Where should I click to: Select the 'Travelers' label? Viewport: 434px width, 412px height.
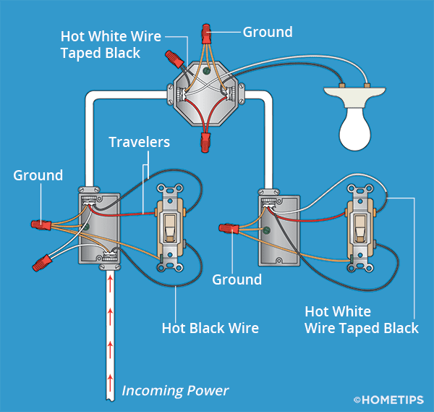coord(139,142)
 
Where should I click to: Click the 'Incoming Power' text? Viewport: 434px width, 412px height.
coord(175,391)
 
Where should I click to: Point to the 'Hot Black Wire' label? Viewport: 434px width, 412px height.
coord(210,329)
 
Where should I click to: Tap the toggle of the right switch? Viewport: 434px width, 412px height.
coord(359,230)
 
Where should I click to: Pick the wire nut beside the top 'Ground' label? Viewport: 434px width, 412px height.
coord(207,32)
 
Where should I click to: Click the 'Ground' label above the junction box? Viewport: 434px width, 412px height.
coord(268,32)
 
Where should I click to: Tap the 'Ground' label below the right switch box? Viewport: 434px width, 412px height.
coord(237,279)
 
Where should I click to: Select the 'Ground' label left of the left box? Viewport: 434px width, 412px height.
coord(38,176)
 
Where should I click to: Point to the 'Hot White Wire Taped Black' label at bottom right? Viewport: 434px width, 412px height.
coord(362,320)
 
